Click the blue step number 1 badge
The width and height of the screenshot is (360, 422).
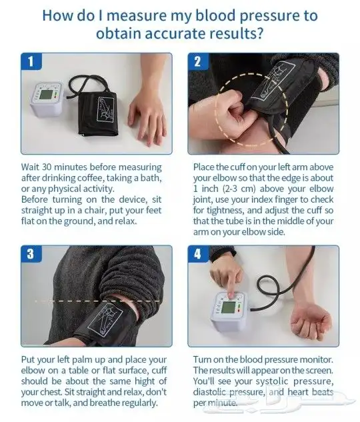pos(31,61)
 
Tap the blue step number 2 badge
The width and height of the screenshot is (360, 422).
pos(198,61)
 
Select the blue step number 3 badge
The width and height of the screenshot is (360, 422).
pos(31,253)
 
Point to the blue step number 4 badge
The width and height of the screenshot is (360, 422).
pos(198,254)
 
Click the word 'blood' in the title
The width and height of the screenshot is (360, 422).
pos(215,15)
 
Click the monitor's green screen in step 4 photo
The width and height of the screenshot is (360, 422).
pos(228,307)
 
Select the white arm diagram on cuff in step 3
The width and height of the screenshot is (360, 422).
pos(105,321)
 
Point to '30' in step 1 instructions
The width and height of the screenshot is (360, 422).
pos(47,167)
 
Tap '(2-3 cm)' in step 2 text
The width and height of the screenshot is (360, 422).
pos(239,189)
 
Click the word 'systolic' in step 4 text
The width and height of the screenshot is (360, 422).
pos(272,381)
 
